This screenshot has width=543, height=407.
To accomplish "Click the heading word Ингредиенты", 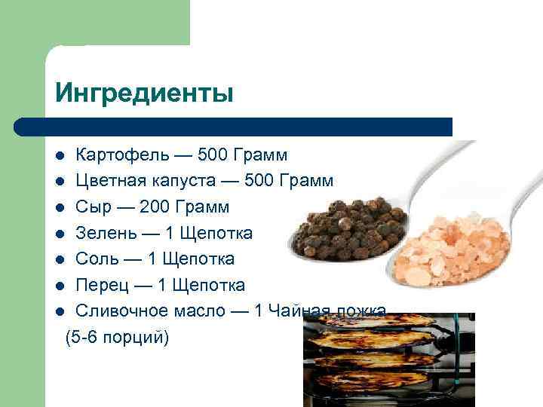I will pos(144,93).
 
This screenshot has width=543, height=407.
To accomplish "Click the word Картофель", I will pos(120,155).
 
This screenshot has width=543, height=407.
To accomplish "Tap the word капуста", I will pos(189,181).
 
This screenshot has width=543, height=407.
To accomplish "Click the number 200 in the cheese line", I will pos(155,207).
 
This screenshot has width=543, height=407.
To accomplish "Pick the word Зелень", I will pos(104,233).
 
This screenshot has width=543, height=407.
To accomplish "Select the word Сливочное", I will pos(123,311).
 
